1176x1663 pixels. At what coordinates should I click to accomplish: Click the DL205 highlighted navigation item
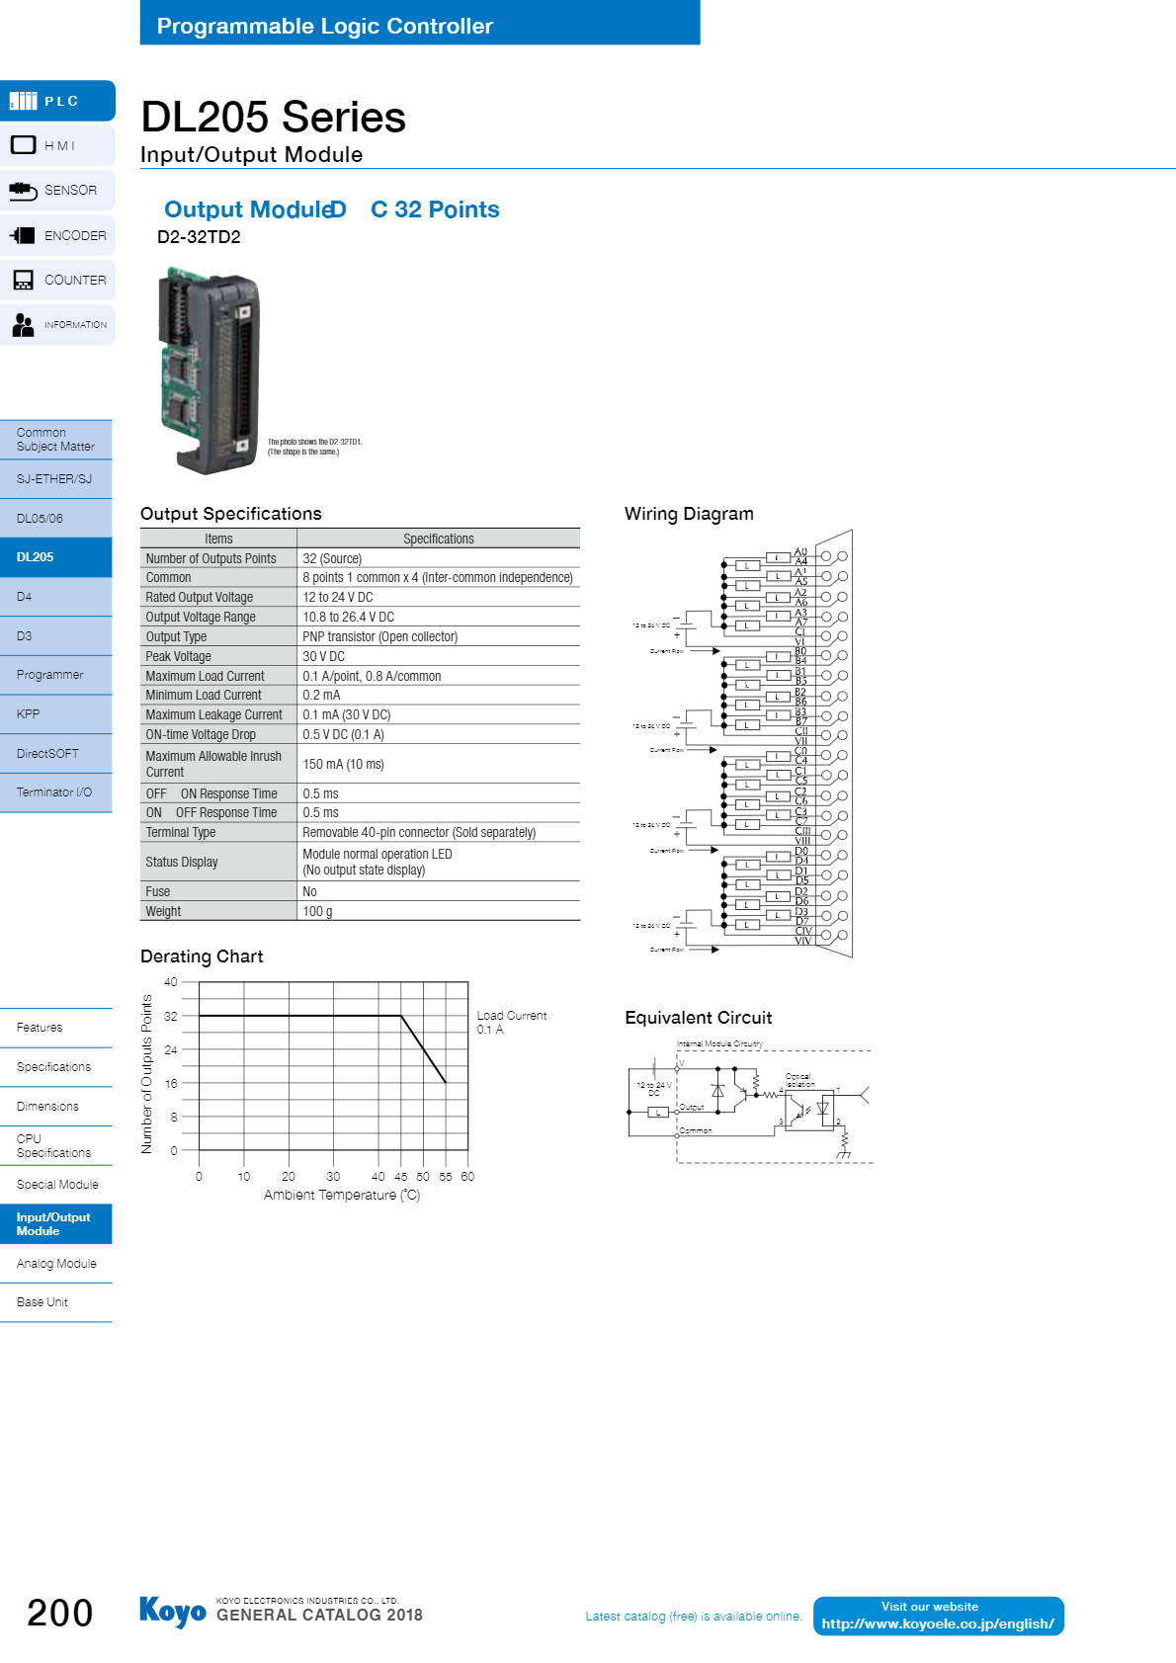tap(55, 557)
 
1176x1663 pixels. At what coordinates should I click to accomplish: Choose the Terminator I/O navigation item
tap(55, 792)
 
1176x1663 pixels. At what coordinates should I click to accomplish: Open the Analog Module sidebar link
tap(56, 1264)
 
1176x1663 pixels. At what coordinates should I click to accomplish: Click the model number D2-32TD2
tap(199, 237)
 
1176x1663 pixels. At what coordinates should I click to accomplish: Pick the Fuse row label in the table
tap(158, 892)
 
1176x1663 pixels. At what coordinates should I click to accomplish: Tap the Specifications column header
tap(438, 540)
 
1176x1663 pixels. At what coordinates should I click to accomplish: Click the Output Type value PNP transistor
tap(379, 637)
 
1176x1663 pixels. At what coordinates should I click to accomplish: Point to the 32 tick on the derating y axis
tap(171, 1016)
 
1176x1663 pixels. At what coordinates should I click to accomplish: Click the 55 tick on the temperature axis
tap(446, 1177)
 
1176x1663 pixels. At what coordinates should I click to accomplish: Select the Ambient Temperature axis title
tap(342, 1196)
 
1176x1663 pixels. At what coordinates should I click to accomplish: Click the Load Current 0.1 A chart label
tap(511, 1023)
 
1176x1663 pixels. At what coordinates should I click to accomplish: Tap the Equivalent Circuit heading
tap(698, 1018)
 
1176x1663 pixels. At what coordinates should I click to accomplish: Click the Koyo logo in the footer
tap(173, 1612)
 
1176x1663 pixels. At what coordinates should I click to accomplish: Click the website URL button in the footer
tap(938, 1617)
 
